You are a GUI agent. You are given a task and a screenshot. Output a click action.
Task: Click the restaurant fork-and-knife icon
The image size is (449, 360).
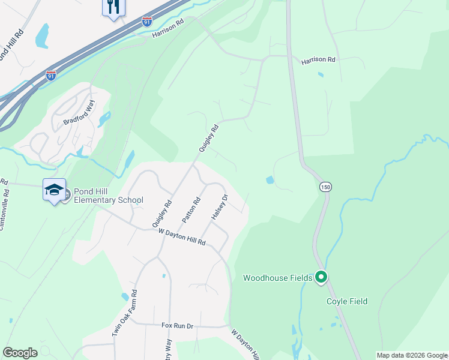(112, 7)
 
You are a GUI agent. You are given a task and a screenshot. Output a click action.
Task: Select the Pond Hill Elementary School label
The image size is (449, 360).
(108, 196)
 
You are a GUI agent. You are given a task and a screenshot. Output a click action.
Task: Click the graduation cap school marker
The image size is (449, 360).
(54, 189)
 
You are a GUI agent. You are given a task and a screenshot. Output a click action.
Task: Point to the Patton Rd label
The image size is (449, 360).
(196, 210)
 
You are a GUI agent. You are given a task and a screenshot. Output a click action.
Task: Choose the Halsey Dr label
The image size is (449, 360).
(220, 206)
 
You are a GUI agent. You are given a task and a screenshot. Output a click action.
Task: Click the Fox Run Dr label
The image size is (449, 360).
(177, 326)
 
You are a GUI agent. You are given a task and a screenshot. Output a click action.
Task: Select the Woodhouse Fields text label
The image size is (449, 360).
(277, 278)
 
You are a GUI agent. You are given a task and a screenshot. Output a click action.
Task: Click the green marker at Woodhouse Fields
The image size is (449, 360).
(321, 277)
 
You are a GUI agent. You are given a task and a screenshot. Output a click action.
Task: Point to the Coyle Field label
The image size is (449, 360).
(347, 301)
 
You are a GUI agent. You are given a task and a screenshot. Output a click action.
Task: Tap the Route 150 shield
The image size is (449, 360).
(325, 187)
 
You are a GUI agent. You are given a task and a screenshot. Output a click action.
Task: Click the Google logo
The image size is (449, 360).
(20, 353)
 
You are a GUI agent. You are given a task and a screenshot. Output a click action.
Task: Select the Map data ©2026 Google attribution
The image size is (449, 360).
(411, 355)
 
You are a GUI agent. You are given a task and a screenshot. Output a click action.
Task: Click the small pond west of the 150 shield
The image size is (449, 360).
(270, 179)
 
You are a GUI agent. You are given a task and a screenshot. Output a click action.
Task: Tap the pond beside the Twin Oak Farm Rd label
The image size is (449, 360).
(125, 296)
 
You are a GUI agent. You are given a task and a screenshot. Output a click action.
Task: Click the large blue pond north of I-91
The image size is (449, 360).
(41, 35)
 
